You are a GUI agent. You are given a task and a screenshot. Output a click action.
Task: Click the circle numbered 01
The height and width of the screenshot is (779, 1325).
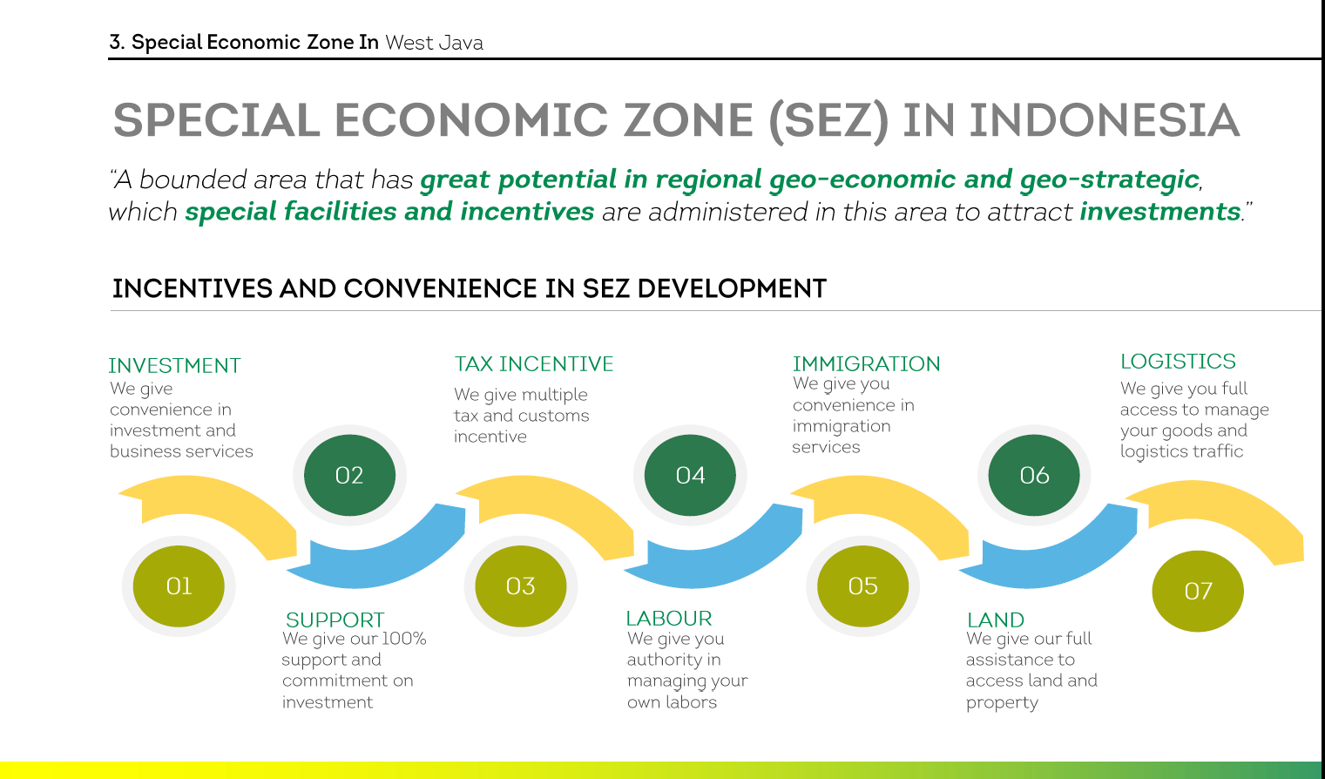coord(179,586)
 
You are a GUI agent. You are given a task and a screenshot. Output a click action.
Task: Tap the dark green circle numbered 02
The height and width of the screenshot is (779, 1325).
coord(349,475)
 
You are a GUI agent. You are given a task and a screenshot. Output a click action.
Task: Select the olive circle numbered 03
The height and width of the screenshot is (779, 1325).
coord(521,586)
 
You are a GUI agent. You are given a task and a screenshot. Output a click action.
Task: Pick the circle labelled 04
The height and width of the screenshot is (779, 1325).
coord(690,475)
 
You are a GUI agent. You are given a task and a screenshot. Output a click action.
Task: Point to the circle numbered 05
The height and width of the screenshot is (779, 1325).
coord(862,586)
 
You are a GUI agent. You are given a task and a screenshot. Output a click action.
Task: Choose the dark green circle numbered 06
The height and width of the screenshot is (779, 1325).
coord(1034,475)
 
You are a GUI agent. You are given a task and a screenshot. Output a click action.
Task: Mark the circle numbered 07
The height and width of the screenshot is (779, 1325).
coord(1198,591)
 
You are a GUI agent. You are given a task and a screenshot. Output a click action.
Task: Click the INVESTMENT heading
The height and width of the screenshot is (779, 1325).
coord(174,366)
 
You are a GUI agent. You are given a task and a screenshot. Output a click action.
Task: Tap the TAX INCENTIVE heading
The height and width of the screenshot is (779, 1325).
coord(533,363)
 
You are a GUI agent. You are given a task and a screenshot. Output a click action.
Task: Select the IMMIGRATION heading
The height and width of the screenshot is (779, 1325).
coord(866,363)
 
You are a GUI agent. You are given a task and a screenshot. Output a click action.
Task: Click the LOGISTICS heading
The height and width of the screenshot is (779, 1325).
coord(1178,361)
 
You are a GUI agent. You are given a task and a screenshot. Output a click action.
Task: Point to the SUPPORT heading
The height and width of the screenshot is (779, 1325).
coord(335,620)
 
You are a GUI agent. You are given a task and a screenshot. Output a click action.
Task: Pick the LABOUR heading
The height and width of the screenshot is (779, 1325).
coord(669,618)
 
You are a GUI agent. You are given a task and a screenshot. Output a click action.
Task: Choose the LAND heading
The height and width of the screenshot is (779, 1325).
coord(996,620)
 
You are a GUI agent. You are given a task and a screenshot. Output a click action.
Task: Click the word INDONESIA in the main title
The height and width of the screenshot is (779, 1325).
coord(1104,120)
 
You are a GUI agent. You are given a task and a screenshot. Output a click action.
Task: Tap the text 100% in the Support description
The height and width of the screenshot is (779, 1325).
coord(404,639)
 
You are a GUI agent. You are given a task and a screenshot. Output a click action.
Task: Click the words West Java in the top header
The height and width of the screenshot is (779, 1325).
coord(434,43)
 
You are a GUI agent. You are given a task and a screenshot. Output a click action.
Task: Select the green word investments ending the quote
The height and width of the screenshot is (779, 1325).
coord(1160,211)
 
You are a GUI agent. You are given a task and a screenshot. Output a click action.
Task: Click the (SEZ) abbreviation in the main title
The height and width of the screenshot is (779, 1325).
coord(828,121)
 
